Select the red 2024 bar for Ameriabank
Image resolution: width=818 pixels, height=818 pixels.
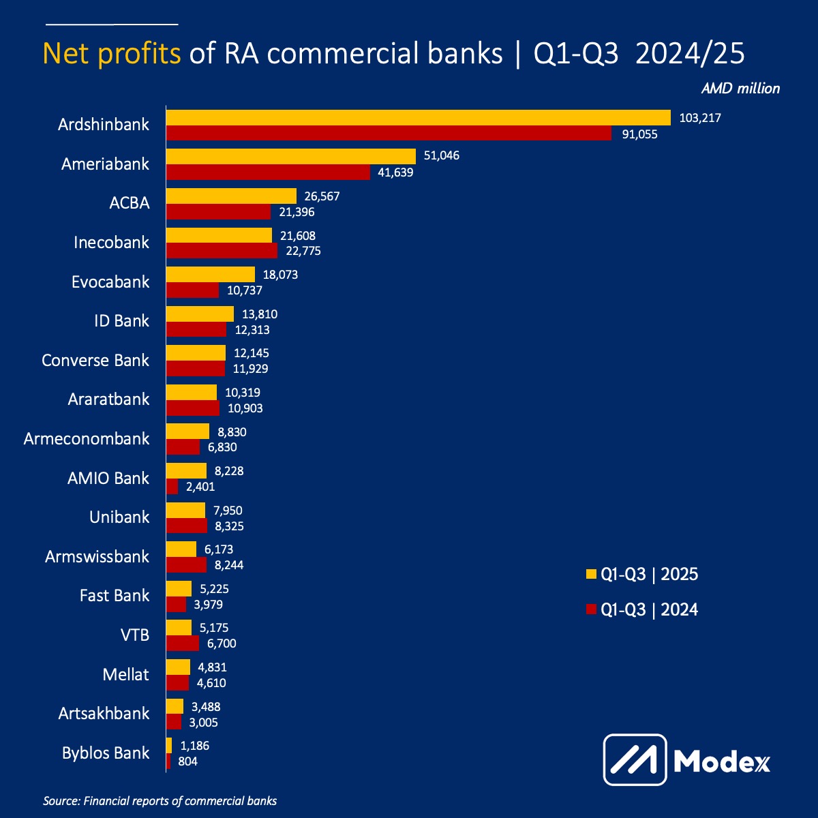coord(268,172)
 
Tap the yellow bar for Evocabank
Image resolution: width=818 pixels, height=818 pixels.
coord(211,275)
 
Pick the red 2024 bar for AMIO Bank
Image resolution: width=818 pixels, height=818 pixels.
coord(172,487)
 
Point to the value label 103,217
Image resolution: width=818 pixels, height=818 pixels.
coord(700,118)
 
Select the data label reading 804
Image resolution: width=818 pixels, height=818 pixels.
coord(187,761)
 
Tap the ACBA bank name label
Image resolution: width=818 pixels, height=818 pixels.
coord(130,203)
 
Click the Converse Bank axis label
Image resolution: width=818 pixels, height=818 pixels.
coord(95,360)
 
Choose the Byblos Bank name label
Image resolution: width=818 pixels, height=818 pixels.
coord(106,753)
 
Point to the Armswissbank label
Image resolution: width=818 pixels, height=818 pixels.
coord(97,557)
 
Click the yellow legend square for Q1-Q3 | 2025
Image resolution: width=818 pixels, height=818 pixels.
coord(591,575)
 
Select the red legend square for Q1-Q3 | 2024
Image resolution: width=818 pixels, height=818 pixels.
coord(591,609)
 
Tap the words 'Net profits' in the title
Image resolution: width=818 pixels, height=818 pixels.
coord(112,53)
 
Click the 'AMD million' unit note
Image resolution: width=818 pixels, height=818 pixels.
coord(740,89)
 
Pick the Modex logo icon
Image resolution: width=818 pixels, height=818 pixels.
coord(635,759)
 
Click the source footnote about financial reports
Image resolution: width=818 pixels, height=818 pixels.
coord(160,801)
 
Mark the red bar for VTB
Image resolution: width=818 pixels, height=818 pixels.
coord(183,643)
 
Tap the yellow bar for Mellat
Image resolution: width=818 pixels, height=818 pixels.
coord(178,667)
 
